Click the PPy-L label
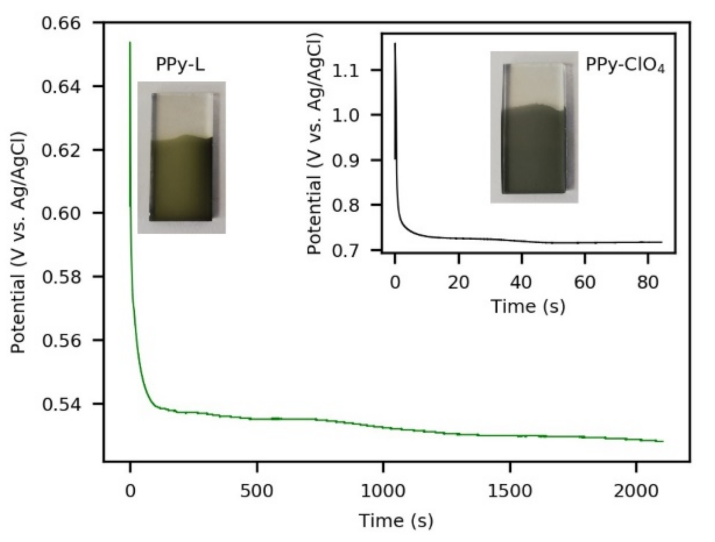coord(180,65)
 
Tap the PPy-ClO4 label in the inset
coord(625,66)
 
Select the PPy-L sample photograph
coord(182,157)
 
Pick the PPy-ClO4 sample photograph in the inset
coord(534,127)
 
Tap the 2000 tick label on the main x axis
coord(636,491)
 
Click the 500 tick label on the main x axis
coord(257,491)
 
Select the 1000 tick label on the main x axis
coord(383,491)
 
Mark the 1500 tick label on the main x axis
coord(510,491)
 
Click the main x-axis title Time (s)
coord(396,521)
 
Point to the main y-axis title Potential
coord(18,242)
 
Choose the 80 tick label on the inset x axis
coord(647,283)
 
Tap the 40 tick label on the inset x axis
coord(521,283)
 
